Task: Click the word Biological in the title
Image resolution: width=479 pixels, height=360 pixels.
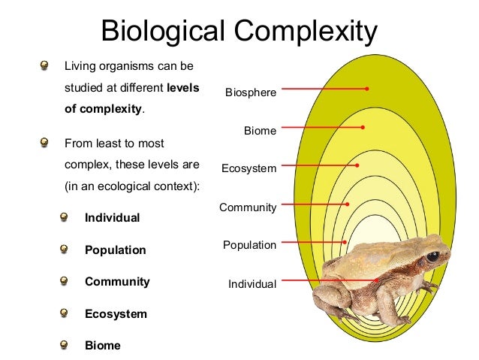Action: coord(164,31)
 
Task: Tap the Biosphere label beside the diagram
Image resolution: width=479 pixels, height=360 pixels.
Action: coord(251,92)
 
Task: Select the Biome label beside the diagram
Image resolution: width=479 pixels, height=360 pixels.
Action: coord(260,131)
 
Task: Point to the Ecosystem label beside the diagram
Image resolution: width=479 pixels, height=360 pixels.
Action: coord(249,168)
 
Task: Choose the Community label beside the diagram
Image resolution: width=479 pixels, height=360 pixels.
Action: coord(248,207)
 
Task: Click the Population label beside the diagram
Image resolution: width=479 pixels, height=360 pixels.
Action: coord(249,245)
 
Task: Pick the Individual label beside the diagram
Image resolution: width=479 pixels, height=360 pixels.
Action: coord(252,284)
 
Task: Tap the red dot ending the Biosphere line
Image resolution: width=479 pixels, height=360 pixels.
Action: coord(367,89)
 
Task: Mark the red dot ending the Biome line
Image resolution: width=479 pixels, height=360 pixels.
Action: coord(363,128)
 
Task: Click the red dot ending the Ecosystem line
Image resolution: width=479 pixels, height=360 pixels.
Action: coord(357,165)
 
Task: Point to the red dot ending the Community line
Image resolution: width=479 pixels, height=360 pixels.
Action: coord(348,204)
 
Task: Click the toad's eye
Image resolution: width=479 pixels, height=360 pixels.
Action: coord(433,256)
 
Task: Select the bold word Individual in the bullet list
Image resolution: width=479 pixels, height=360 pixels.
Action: coord(113,218)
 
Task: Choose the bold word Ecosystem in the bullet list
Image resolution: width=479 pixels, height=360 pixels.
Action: coord(116,314)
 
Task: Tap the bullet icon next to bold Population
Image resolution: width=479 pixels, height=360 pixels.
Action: coord(65,250)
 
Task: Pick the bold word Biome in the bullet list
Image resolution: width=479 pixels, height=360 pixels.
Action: coord(102,346)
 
